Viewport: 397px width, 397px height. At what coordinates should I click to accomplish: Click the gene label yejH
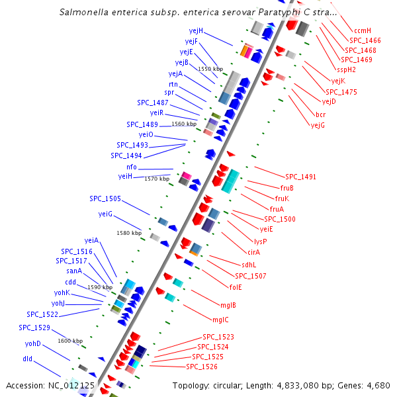coord(196,30)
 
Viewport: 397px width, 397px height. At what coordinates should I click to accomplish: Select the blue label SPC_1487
coord(152,103)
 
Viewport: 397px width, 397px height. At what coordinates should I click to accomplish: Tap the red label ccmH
coord(363,30)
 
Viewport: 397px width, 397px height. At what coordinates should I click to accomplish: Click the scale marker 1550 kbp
coord(210,69)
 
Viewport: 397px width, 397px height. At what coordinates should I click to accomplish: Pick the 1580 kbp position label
coord(129,233)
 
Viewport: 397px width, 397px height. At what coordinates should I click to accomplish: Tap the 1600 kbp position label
coord(70,341)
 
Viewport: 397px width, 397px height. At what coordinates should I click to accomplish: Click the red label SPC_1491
coord(300,177)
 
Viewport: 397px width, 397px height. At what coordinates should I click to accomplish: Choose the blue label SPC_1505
coord(105,198)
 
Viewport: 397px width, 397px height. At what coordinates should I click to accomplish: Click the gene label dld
coord(27,358)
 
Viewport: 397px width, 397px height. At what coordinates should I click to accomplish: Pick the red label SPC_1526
coord(202,367)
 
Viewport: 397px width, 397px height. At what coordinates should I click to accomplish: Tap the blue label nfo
coord(131,167)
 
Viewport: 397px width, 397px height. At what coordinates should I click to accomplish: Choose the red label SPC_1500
coord(280,219)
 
